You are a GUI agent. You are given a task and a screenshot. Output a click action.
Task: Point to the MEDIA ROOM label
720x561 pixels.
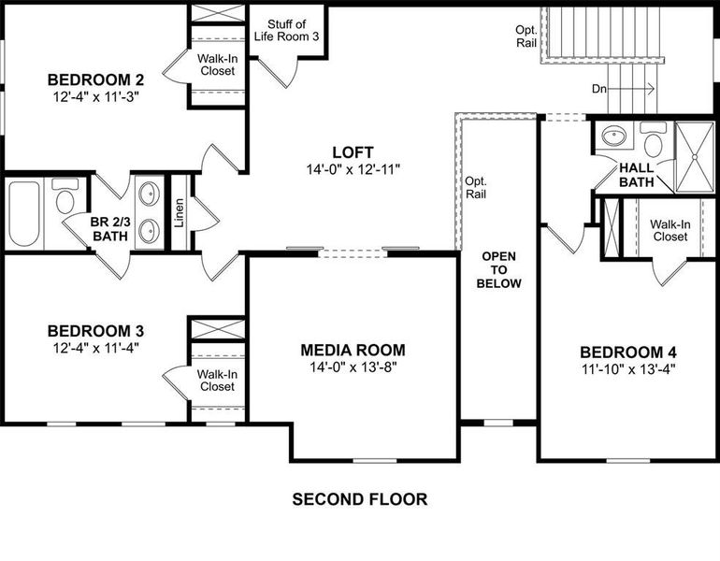click(x=353, y=350)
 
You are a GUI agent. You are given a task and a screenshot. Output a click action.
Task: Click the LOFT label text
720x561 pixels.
click(x=353, y=152)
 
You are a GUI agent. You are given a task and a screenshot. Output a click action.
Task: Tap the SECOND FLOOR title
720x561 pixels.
click(x=360, y=499)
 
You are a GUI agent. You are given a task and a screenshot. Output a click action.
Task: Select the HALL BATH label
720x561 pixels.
click(x=636, y=174)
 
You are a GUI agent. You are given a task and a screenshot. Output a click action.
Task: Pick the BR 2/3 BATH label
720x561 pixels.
click(x=108, y=229)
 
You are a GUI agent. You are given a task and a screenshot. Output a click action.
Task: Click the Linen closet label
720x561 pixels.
click(x=180, y=213)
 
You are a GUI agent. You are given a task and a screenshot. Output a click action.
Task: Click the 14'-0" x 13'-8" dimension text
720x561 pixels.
click(x=353, y=367)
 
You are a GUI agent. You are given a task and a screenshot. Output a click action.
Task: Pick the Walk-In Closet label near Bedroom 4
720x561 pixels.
click(x=670, y=230)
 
